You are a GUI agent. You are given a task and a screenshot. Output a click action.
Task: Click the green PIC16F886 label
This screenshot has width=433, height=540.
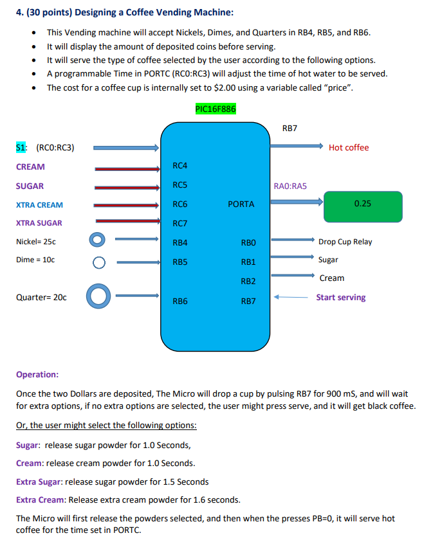coord(215,109)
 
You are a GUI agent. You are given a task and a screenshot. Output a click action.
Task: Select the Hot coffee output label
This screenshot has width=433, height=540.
coord(349,148)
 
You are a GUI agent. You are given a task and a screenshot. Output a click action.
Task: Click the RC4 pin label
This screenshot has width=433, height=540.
coord(180,166)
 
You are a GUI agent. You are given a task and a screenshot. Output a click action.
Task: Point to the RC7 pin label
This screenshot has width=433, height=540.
coord(180,224)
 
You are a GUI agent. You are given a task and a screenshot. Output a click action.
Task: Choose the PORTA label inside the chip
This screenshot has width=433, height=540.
coord(241,204)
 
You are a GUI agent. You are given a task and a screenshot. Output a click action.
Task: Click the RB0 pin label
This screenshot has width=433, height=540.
coord(248,242)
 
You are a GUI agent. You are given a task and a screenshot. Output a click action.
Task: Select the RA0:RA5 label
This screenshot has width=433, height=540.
coord(291,186)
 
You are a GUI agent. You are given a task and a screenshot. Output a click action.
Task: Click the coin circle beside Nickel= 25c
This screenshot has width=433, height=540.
coord(97,240)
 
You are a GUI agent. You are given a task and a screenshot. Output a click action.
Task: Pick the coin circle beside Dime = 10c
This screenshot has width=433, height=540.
coord(98,262)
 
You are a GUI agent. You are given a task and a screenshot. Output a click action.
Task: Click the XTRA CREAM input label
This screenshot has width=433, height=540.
coord(39,205)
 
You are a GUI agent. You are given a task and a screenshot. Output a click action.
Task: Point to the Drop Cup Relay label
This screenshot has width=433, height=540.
coord(345,242)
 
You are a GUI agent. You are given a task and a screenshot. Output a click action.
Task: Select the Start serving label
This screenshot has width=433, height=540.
coord(340,298)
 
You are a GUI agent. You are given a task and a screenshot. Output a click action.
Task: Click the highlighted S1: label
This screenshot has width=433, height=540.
coord(21,148)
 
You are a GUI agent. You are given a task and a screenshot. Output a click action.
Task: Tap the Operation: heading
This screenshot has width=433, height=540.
coord(37,374)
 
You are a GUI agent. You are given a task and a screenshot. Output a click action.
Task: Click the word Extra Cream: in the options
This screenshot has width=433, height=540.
coord(41,500)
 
